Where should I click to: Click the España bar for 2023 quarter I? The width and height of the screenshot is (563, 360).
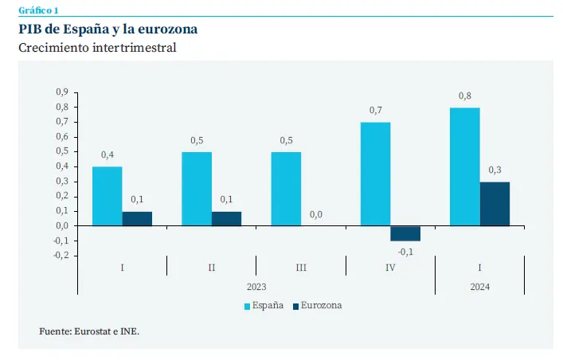point(107,196)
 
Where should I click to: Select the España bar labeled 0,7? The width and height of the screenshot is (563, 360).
point(375,174)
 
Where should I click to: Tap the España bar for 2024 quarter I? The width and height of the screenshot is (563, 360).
point(465,166)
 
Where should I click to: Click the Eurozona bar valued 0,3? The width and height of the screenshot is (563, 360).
point(495,204)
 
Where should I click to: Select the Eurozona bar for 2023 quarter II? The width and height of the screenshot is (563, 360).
point(226,218)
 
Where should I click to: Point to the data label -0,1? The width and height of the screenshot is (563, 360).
point(405,252)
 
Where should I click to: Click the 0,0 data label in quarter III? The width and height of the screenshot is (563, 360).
point(316,214)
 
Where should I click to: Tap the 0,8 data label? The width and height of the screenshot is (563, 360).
point(465,96)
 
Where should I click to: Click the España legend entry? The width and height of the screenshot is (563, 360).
point(263,305)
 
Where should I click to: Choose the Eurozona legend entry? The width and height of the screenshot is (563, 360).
point(317,305)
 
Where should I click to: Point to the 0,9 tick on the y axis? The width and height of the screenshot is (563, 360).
point(61,92)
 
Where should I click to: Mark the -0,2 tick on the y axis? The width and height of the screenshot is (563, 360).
point(61,255)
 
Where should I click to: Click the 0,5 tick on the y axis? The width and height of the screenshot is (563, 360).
point(61,151)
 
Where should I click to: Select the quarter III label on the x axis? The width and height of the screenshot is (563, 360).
point(301,268)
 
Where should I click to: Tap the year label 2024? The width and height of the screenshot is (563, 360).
point(479,286)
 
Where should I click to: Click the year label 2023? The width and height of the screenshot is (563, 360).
point(256,286)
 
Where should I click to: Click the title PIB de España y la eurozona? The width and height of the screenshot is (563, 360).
point(108,29)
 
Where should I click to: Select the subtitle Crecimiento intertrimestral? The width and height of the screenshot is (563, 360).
point(97,48)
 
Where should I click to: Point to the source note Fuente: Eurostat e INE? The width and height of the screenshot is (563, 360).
point(89,331)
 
